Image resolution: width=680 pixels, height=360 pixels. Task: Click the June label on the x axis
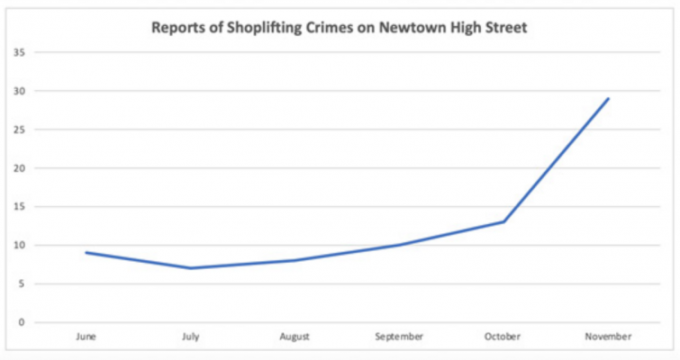[x=86, y=337]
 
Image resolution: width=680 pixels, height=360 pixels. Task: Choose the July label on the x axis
[x=191, y=337]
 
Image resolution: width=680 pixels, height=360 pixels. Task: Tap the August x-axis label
[x=295, y=337]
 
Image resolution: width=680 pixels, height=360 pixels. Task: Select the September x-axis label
[x=399, y=337]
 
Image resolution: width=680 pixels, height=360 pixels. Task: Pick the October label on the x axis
[x=503, y=337]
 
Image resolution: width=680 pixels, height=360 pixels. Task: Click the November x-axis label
[x=608, y=337]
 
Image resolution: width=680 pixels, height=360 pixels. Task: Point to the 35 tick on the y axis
[x=18, y=52]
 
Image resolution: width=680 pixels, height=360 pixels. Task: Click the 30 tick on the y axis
[x=18, y=91]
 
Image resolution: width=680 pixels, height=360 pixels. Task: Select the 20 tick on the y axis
[x=18, y=168]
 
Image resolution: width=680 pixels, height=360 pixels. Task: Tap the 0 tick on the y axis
[x=21, y=322]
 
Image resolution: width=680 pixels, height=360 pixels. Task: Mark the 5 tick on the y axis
[x=21, y=283]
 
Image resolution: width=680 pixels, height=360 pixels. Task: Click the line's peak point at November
[x=608, y=98]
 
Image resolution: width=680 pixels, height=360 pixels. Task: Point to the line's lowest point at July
[x=191, y=268]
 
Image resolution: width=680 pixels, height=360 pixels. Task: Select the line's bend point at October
[x=503, y=221]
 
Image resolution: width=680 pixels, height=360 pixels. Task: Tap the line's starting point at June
[x=86, y=253]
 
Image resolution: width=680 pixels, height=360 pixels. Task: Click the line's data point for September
[x=399, y=245]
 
